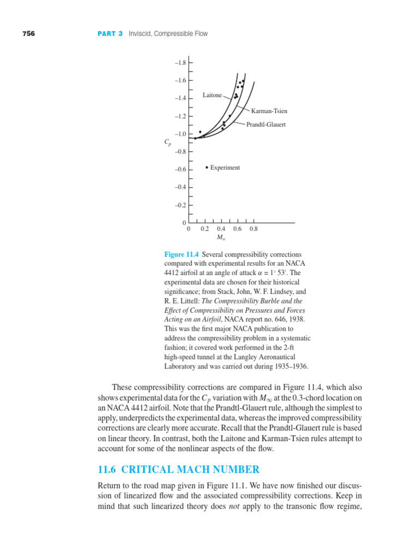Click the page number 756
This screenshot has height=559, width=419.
pos(28,34)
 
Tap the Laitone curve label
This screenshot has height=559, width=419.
pos(212,95)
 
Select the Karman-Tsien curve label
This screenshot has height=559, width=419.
pos(269,111)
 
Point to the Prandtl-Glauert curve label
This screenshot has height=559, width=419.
pos(266,124)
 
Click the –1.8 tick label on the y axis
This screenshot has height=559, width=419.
pos(180,63)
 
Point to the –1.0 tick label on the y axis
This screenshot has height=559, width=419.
pos(180,134)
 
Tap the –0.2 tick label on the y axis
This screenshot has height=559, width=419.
pos(180,205)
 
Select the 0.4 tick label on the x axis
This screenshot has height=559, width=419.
pos(221,229)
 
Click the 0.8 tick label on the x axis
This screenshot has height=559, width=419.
pos(253,229)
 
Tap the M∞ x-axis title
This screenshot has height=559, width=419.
pos(221,237)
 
